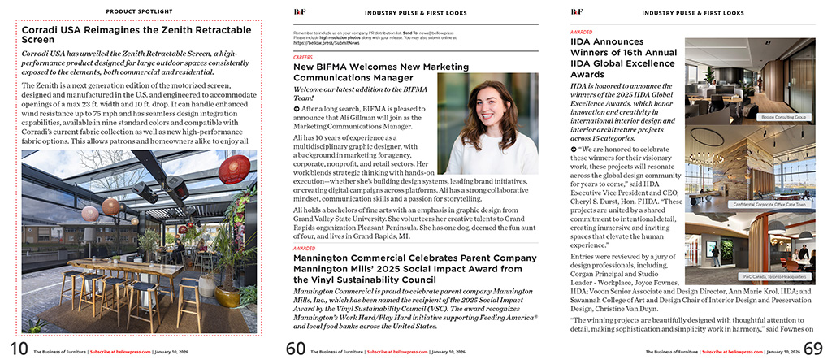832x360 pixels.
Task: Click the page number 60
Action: [x=297, y=349]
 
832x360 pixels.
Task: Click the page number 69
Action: [x=812, y=349]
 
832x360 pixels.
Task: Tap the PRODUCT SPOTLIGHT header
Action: [x=139, y=12]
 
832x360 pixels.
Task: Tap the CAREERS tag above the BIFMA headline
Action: [x=302, y=59]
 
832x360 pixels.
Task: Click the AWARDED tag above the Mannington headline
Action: [x=304, y=248]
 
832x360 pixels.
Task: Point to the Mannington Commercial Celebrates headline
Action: [x=414, y=268]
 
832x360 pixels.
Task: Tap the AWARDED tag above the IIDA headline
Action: [x=581, y=32]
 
